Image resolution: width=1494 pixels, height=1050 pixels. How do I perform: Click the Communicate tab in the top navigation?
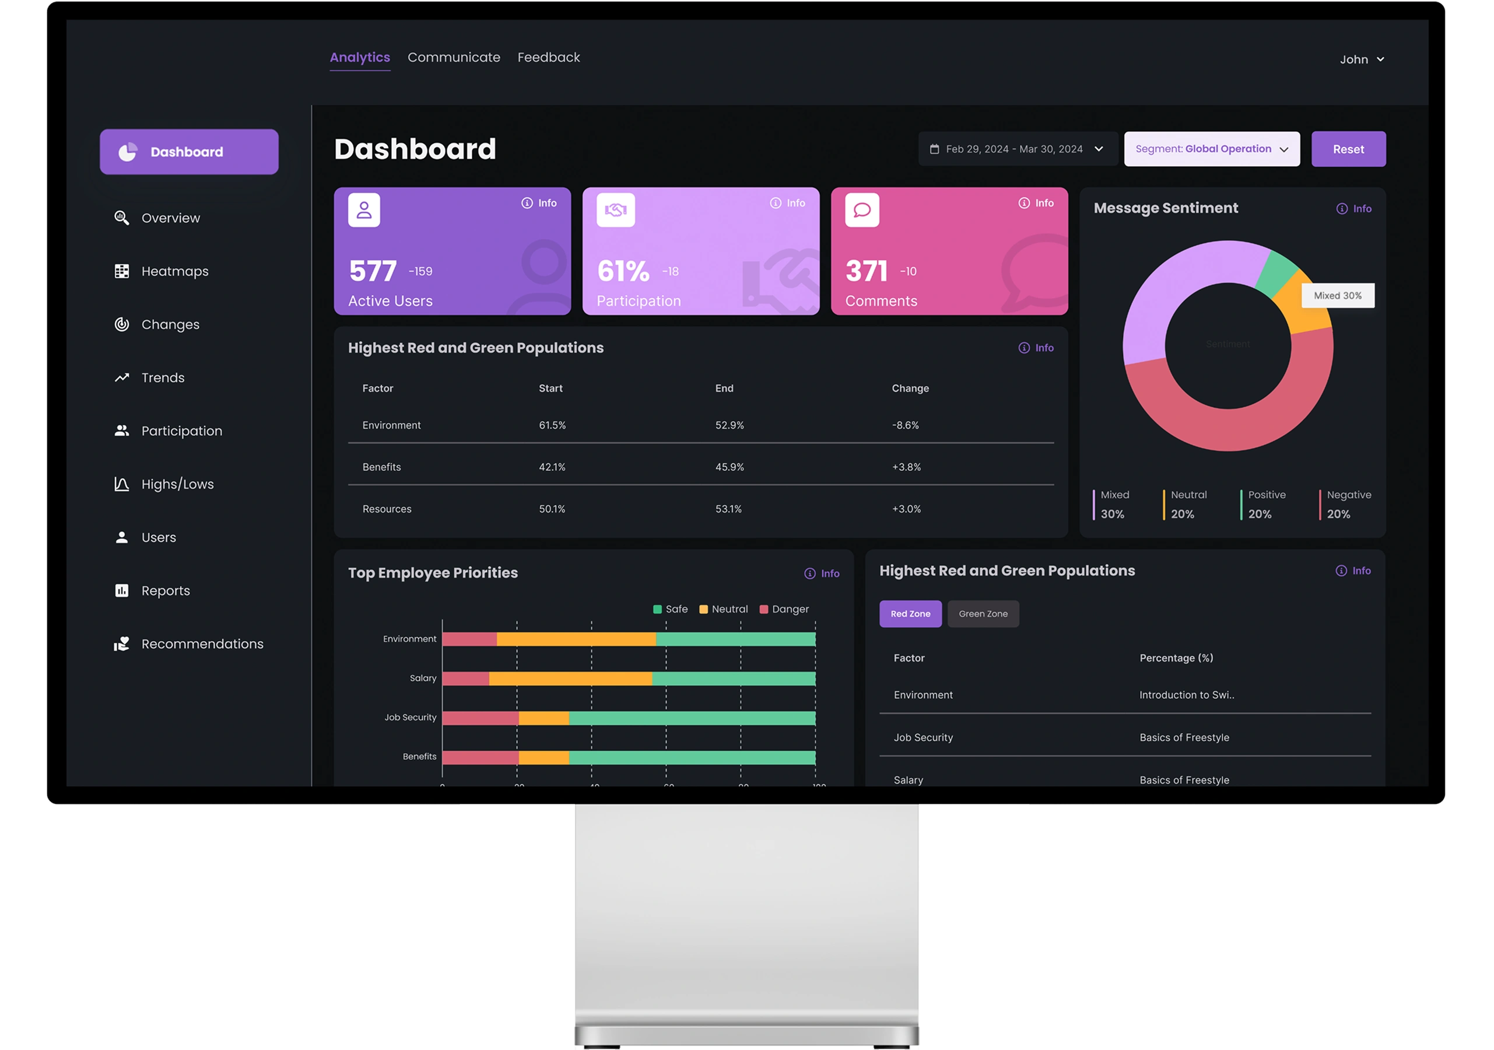pos(454,57)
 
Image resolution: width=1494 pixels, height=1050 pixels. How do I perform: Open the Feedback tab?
pos(549,57)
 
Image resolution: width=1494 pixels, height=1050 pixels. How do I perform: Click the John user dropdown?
pos(1361,60)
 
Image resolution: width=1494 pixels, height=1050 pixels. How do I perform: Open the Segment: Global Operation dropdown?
pos(1212,149)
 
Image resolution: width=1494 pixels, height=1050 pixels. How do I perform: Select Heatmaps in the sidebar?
pos(174,271)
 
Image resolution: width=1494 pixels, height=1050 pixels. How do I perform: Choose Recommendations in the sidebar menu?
pos(202,644)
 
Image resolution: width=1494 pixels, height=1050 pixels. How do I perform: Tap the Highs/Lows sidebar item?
pos(177,484)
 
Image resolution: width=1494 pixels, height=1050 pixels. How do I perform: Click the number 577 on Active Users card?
pos(373,271)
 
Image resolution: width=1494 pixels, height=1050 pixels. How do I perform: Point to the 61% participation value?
pos(623,271)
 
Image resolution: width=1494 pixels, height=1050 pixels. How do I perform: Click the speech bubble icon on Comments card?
pos(862,210)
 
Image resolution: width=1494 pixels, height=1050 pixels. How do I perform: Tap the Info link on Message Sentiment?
pos(1354,209)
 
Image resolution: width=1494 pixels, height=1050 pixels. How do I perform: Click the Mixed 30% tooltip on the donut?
pos(1337,296)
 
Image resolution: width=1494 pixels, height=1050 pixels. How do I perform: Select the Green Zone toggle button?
pos(983,614)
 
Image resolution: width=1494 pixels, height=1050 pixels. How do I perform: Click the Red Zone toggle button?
pos(910,614)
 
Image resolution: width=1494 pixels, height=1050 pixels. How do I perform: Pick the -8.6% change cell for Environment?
pos(905,425)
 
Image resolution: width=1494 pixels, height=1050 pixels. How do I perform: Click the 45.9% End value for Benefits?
pos(730,467)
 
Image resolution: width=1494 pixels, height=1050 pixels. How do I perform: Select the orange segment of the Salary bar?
pos(570,678)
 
